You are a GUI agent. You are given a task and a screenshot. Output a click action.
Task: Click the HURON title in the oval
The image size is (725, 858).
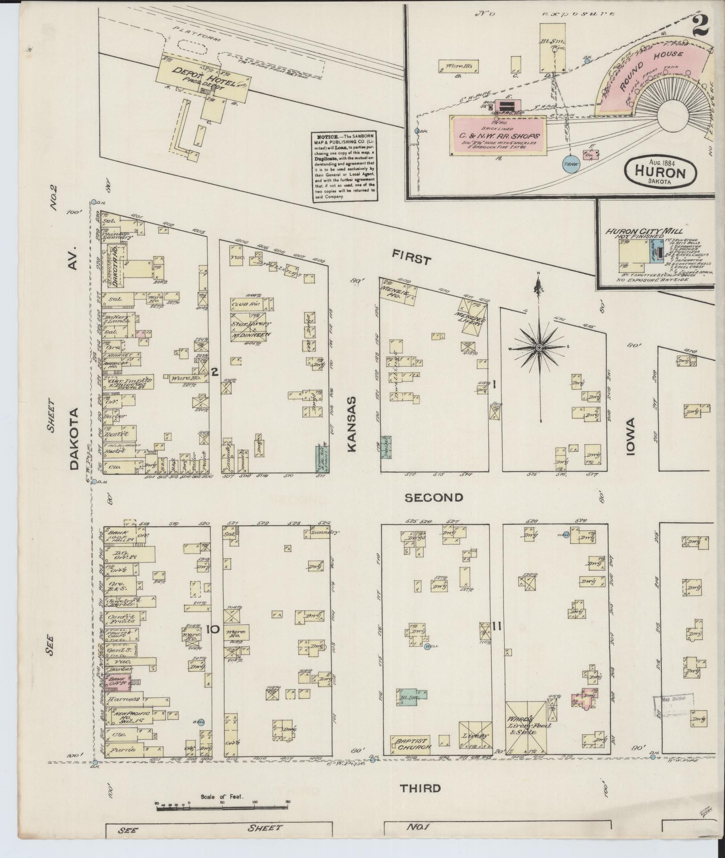[660, 171]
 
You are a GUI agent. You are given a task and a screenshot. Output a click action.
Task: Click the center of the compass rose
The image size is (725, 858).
[539, 347]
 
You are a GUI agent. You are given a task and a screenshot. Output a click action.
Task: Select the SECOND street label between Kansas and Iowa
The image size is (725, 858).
[434, 497]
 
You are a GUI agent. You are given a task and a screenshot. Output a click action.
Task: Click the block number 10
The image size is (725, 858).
[213, 629]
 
